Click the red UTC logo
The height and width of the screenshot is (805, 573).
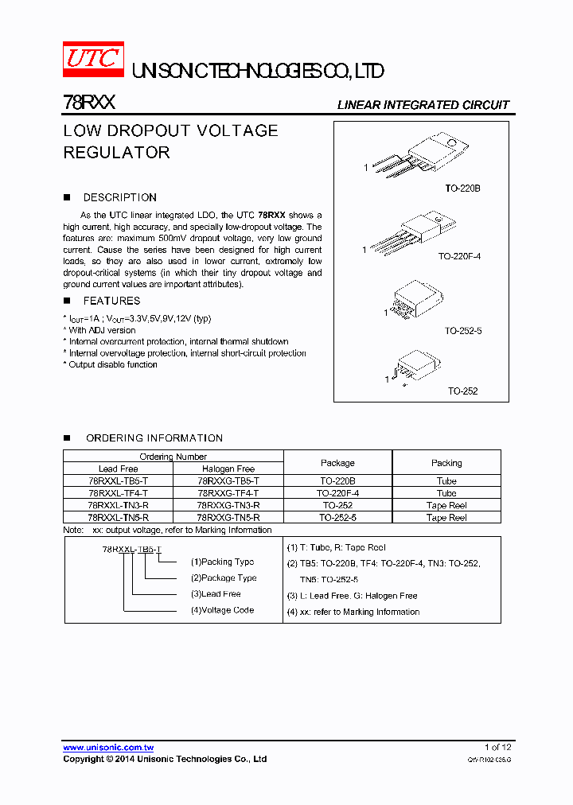(x=93, y=60)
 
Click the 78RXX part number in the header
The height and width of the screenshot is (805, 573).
(x=89, y=103)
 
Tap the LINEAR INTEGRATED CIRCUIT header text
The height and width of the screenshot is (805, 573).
(x=423, y=105)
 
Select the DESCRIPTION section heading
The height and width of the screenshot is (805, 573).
(x=119, y=197)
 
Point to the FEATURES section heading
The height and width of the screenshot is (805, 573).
(x=111, y=301)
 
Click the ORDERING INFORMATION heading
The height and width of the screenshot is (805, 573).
(x=154, y=438)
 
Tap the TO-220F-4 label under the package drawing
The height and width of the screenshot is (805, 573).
(x=459, y=257)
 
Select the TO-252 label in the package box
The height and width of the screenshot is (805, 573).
(x=462, y=391)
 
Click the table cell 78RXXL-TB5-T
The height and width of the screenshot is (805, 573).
(x=118, y=481)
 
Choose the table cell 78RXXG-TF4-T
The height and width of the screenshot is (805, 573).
(x=228, y=493)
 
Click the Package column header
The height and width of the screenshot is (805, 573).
(x=337, y=463)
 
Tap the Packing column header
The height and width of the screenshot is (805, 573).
(x=446, y=463)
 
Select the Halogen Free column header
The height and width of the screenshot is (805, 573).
(x=228, y=469)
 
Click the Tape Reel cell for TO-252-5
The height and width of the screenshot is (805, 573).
(x=446, y=518)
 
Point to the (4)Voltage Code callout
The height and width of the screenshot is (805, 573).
(x=222, y=610)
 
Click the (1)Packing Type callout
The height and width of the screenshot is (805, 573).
(x=222, y=562)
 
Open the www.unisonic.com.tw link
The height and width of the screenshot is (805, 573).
(x=108, y=748)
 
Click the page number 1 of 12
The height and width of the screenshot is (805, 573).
(x=498, y=747)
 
